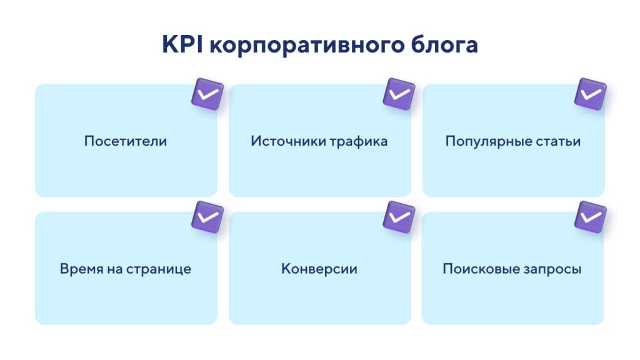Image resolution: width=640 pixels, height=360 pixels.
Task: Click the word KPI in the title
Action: tap(182, 44)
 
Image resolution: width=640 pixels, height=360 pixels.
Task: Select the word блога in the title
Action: tap(444, 44)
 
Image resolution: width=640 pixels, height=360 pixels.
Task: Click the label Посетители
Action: tap(126, 141)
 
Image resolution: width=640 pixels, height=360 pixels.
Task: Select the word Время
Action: tap(81, 269)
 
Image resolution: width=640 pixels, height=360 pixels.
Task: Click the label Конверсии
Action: tap(319, 269)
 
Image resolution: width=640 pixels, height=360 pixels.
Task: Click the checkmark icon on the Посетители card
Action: tap(207, 94)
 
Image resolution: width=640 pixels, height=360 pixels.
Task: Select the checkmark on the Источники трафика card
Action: tap(399, 94)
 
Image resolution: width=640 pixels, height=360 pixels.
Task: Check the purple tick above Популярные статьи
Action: tap(590, 94)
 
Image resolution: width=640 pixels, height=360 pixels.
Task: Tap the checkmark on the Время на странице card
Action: tap(207, 217)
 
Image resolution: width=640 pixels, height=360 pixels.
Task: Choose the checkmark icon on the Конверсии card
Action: tap(399, 217)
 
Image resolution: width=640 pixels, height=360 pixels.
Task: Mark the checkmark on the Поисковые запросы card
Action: tap(590, 217)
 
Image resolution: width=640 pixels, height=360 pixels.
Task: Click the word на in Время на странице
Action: tap(115, 270)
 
